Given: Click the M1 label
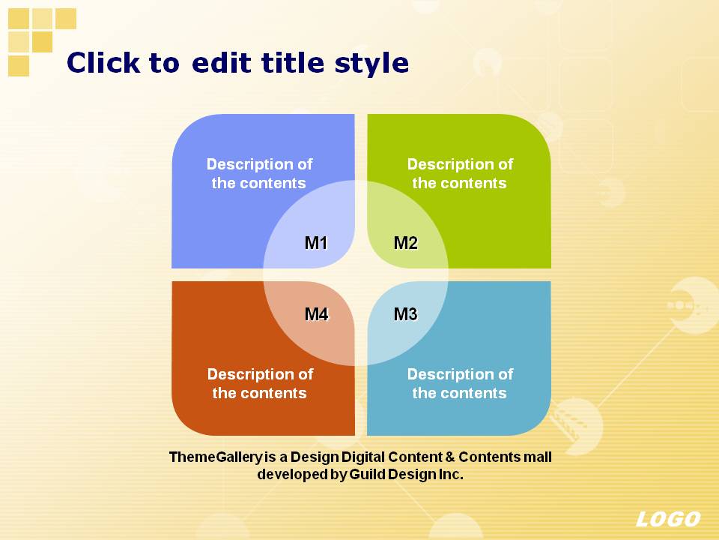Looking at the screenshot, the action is click(316, 243).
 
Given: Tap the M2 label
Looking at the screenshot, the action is click(406, 243).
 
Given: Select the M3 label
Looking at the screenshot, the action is click(406, 314).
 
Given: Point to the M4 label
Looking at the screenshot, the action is click(317, 314).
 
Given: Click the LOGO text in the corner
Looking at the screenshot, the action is click(668, 519).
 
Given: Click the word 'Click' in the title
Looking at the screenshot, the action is click(103, 62).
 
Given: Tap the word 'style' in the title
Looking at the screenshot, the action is click(371, 63).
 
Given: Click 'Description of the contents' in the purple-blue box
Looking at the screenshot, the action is click(259, 173).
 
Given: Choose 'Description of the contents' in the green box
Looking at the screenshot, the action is click(460, 173).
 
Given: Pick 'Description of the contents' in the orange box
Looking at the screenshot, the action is click(260, 383).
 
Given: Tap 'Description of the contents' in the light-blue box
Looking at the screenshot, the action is click(460, 383).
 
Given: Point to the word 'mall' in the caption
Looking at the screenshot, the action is click(538, 457).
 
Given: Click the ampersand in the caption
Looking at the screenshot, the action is click(450, 457).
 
